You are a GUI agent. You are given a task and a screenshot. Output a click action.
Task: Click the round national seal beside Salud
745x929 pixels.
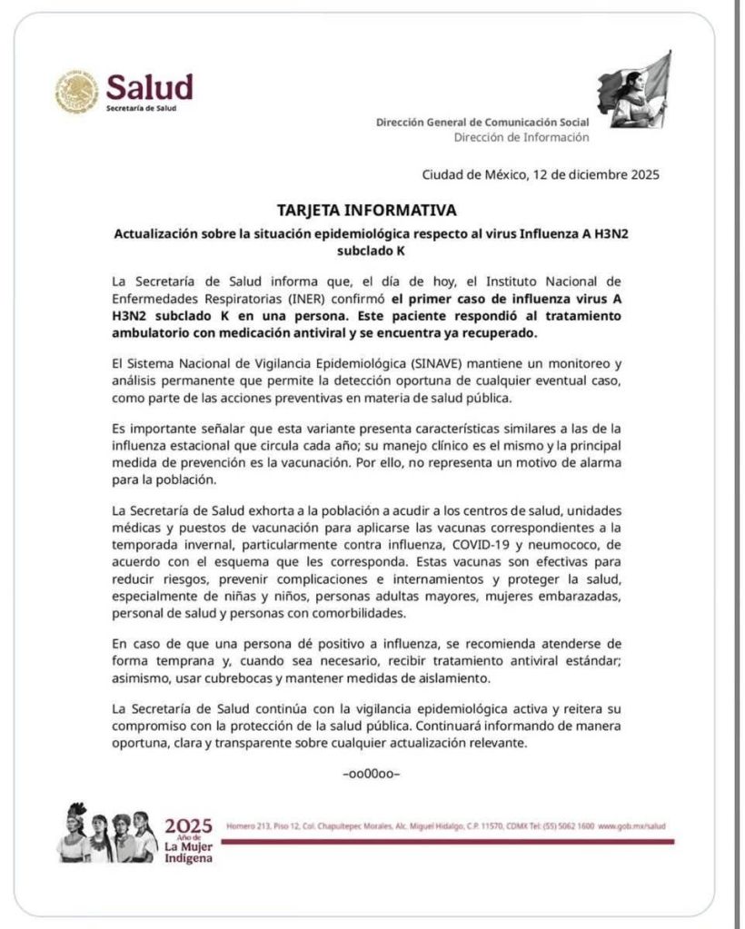(x=77, y=92)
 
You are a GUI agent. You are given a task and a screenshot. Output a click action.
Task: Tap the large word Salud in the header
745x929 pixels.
(x=150, y=87)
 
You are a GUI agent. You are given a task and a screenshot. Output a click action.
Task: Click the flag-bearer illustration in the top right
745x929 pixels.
(x=635, y=89)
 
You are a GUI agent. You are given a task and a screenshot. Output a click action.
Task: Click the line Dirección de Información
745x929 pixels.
(x=521, y=137)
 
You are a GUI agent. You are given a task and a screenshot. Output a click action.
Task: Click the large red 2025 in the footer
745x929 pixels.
(x=188, y=825)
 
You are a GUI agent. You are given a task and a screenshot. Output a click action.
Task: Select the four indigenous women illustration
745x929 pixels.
(x=107, y=833)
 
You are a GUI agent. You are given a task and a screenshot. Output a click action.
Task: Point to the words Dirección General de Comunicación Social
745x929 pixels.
(x=482, y=122)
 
